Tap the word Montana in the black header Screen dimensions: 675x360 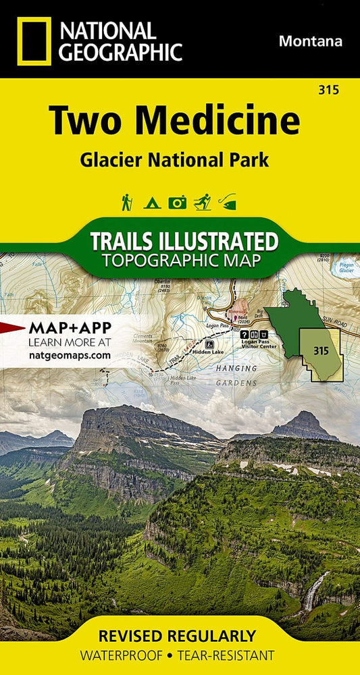[310, 41]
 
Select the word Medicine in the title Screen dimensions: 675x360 [226, 122]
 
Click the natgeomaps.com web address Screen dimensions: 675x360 [69, 354]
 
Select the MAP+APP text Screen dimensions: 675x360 [70, 328]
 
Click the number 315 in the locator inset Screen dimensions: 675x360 [321, 350]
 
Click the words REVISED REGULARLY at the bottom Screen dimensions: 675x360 [178, 636]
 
